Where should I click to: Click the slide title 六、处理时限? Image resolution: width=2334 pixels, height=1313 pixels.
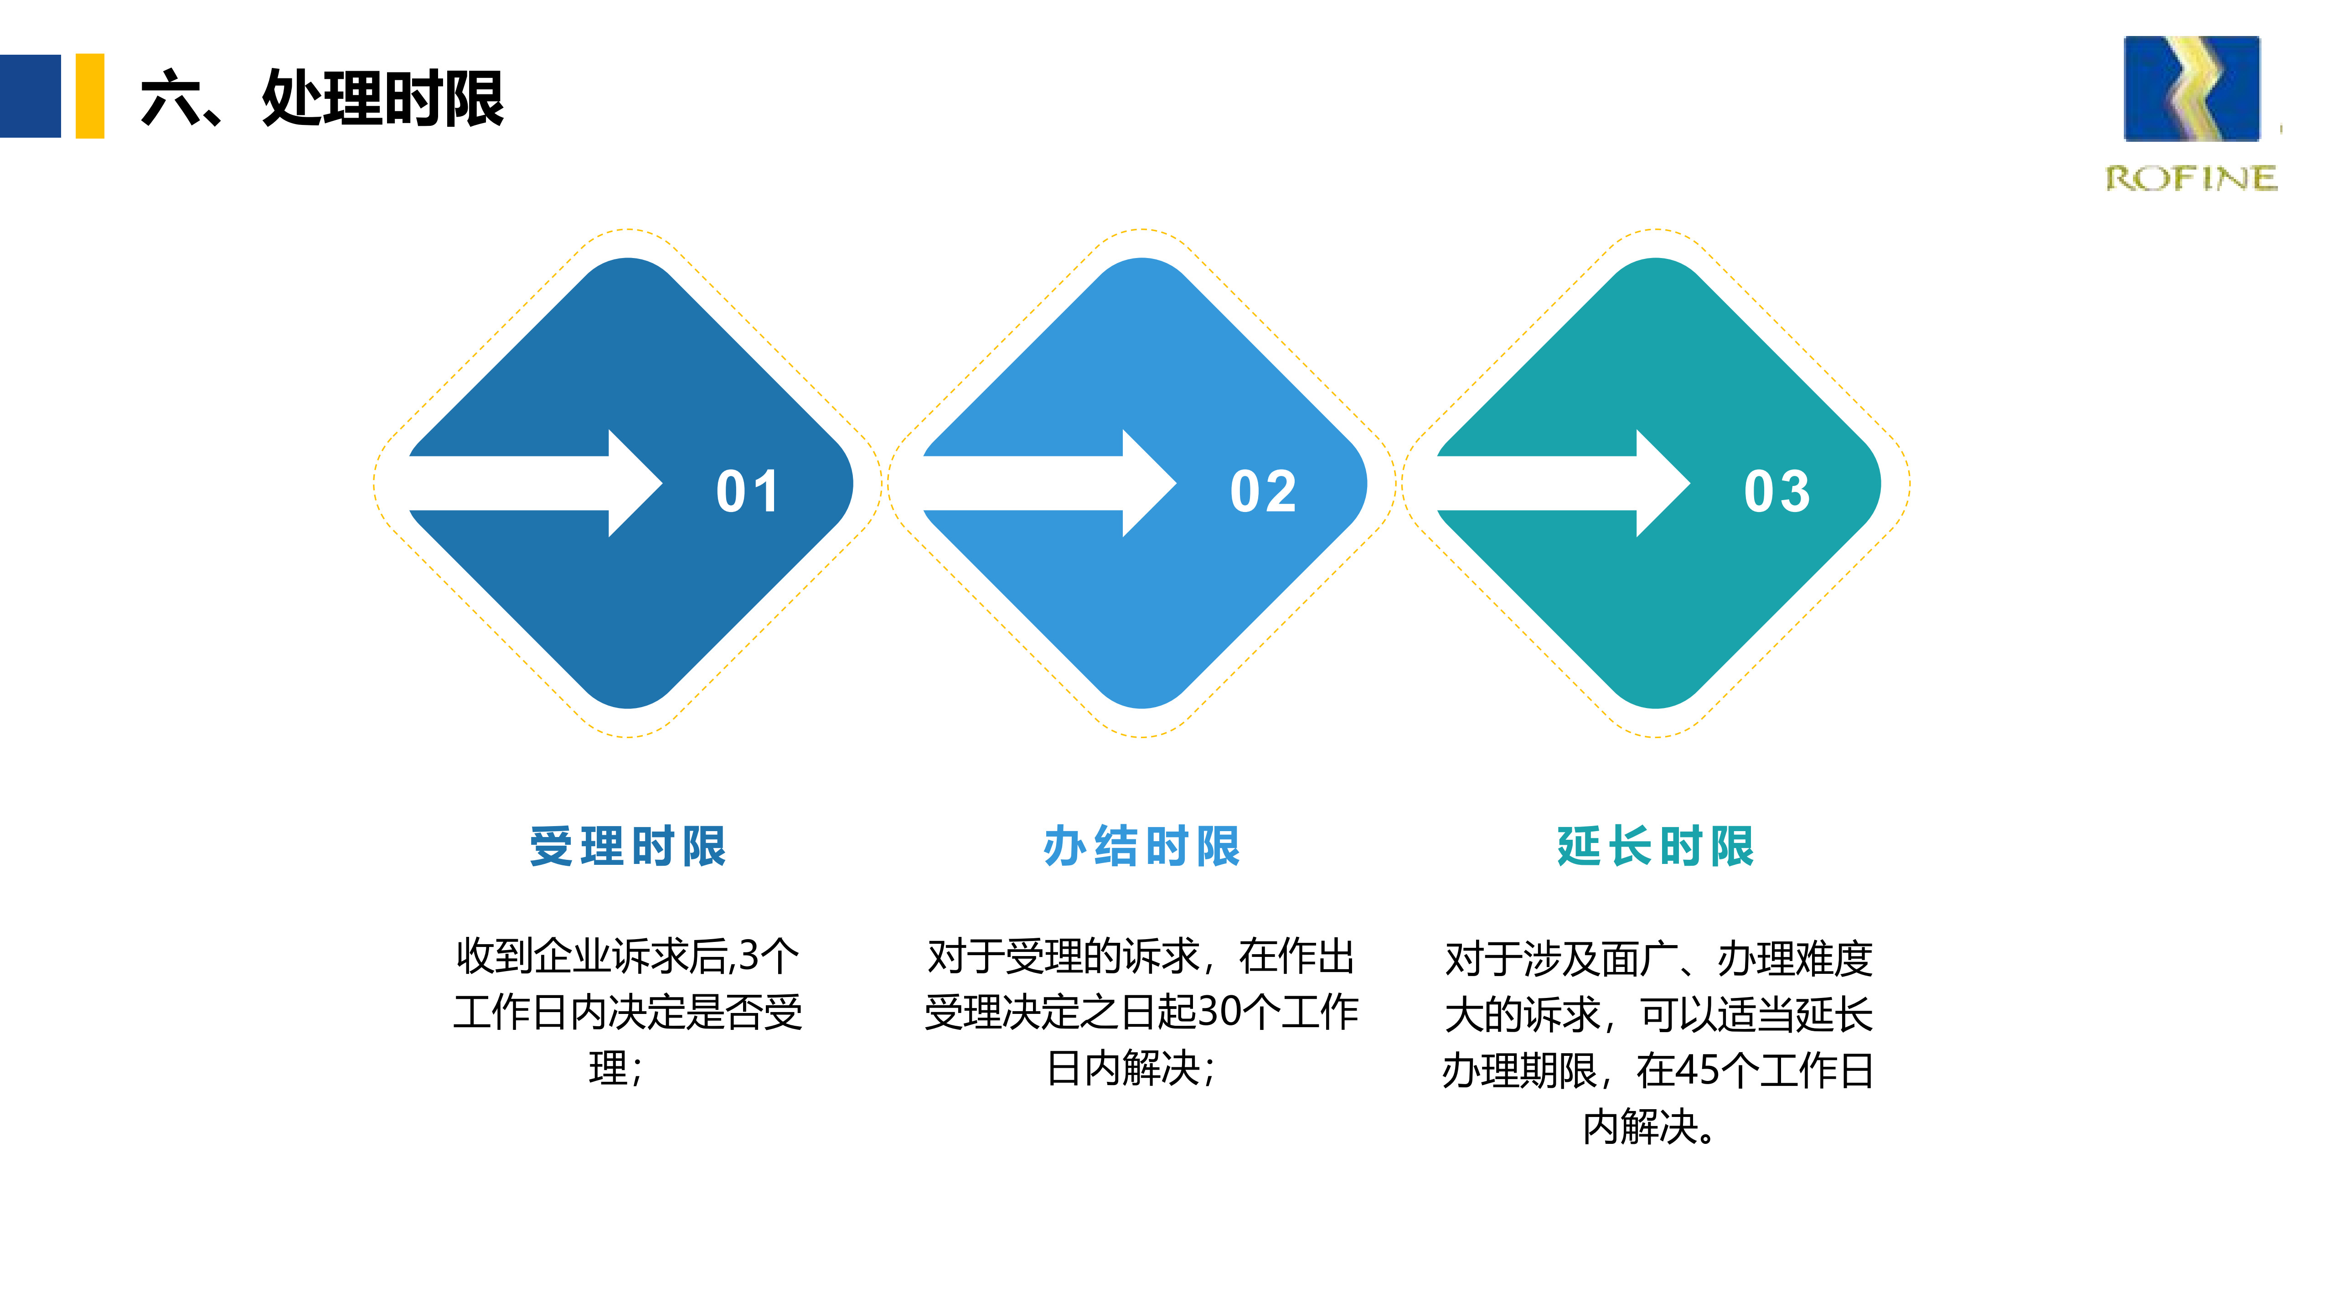pyautogui.click(x=322, y=98)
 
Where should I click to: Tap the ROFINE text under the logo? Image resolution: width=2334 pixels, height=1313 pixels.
pyautogui.click(x=2191, y=179)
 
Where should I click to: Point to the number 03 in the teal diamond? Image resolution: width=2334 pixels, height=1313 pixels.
pyautogui.click(x=1777, y=492)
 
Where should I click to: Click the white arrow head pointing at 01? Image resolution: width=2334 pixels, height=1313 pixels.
pyautogui.click(x=634, y=483)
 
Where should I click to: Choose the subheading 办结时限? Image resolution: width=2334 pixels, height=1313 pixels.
pyautogui.click(x=1141, y=846)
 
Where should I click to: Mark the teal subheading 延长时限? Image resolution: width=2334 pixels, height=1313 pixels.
pyautogui.click(x=1655, y=846)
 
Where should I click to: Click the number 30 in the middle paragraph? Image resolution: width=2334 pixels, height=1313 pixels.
pyautogui.click(x=1219, y=1012)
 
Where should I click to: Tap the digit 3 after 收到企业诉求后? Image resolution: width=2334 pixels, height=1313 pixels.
pyautogui.click(x=749, y=956)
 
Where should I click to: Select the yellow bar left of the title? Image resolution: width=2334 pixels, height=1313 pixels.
pyautogui.click(x=90, y=96)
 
